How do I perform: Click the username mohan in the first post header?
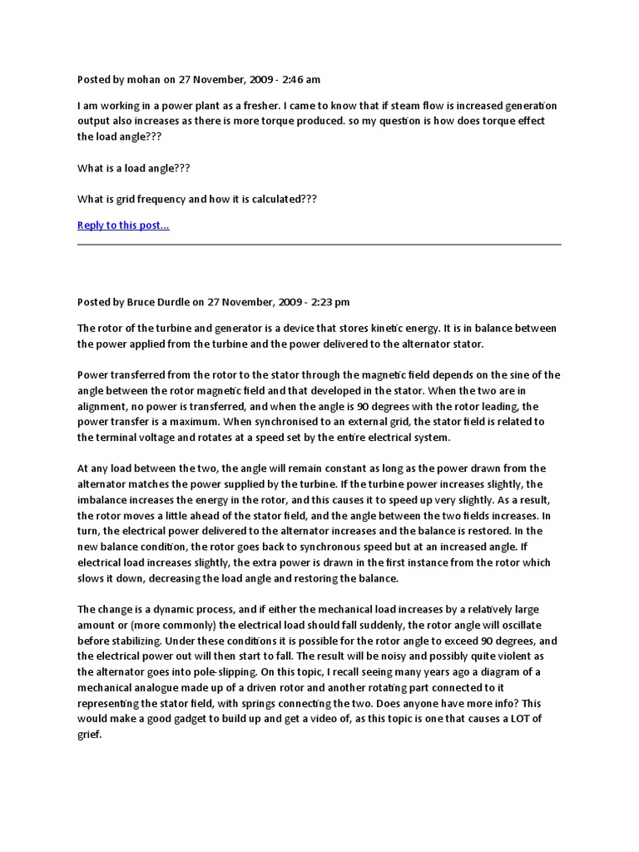pyautogui.click(x=143, y=80)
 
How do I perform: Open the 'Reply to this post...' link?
pyautogui.click(x=123, y=225)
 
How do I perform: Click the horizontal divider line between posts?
pyautogui.click(x=319, y=245)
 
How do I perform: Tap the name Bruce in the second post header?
pyautogui.click(x=143, y=302)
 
